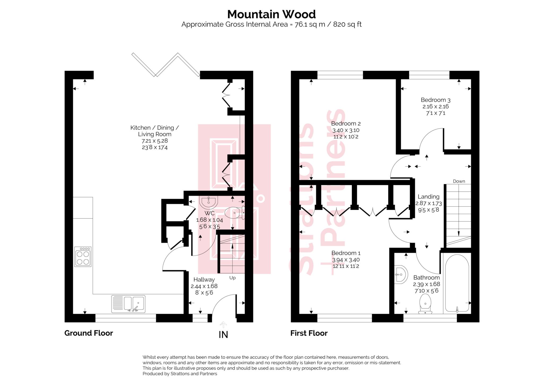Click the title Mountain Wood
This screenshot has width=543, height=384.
tap(271, 14)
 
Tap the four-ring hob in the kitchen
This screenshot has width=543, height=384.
tap(83, 257)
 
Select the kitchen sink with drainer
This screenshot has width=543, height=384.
tap(128, 304)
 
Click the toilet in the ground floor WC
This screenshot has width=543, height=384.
tap(234, 213)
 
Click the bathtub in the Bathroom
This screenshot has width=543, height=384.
tap(457, 283)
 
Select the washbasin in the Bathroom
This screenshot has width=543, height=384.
tap(400, 274)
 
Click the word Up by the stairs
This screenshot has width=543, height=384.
tap(232, 278)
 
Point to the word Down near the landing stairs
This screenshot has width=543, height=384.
tap(459, 181)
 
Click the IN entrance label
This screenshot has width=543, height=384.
tap(223, 335)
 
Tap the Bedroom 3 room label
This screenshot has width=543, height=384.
tap(435, 100)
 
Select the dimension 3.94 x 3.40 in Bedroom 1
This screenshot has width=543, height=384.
tap(346, 260)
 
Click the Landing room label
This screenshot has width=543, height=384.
tap(428, 197)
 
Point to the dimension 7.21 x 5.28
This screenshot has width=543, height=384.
tap(155, 141)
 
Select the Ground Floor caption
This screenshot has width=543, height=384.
tap(89, 333)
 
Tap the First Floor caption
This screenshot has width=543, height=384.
tap(309, 333)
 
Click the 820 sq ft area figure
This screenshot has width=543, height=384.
tap(347, 24)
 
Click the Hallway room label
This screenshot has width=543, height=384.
tap(204, 279)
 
